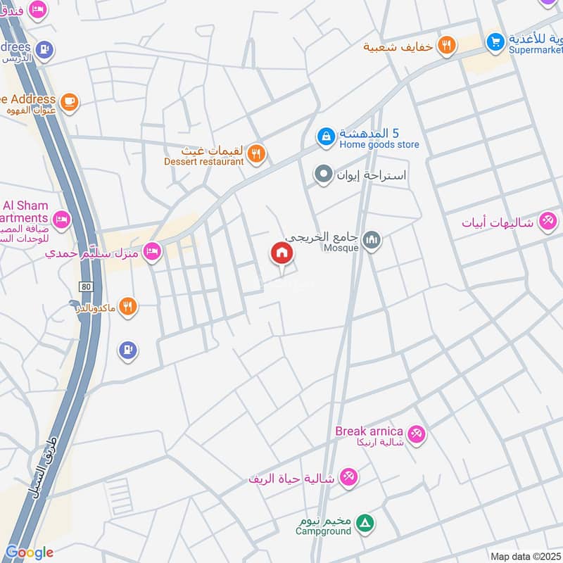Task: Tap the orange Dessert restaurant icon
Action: coord(257,153)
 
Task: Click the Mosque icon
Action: coord(372,240)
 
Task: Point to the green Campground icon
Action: coord(365,523)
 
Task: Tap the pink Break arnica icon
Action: coord(417,434)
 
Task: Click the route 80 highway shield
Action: coord(86,286)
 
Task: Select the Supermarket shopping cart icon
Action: coord(495,42)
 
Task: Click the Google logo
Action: coord(29,552)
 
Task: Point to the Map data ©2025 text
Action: coord(524,556)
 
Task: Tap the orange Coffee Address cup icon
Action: coord(68,102)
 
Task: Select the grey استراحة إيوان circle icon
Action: coord(324,173)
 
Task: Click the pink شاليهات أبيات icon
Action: coord(547,222)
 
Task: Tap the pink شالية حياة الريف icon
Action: coord(348,478)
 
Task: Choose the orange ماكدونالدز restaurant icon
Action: coord(127,306)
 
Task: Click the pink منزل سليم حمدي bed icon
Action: coord(152,251)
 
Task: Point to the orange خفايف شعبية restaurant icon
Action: coord(445,46)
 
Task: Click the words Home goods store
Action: coord(379,145)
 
